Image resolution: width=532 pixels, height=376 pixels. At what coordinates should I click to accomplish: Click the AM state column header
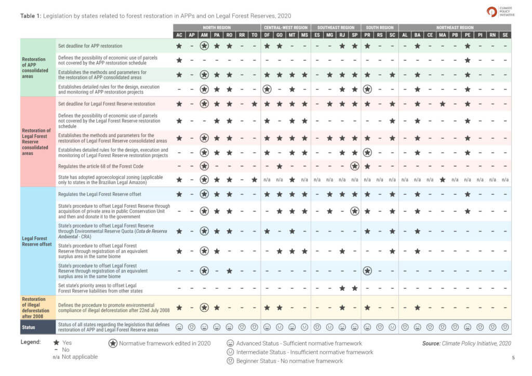pos(204,35)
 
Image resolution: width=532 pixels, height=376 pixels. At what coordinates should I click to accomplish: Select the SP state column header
pos(355,35)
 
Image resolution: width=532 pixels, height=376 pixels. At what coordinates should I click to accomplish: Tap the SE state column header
pos(505,35)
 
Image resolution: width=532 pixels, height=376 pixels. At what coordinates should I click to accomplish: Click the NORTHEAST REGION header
pos(455,28)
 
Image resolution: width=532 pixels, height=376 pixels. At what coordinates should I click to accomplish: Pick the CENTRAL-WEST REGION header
pos(286,28)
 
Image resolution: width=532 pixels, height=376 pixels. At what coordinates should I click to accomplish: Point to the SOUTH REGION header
pos(380,28)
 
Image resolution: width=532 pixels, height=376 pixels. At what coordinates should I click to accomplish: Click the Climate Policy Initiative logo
pos(500,12)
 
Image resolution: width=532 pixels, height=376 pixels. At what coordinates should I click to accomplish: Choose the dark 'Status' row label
pos(29,327)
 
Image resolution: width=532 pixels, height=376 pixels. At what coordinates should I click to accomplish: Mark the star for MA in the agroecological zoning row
pos(442,179)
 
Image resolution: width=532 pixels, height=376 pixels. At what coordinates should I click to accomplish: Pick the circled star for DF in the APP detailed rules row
pos(267,89)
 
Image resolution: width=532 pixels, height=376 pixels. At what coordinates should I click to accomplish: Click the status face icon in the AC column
pos(179,327)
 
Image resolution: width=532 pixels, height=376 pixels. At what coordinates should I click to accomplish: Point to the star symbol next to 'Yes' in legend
pos(56,343)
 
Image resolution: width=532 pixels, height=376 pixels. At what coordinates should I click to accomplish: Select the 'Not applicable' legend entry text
pos(79,357)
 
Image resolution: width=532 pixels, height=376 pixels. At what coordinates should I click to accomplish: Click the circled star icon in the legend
pos(112,343)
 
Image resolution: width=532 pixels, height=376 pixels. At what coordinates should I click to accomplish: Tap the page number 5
pos(513,357)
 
